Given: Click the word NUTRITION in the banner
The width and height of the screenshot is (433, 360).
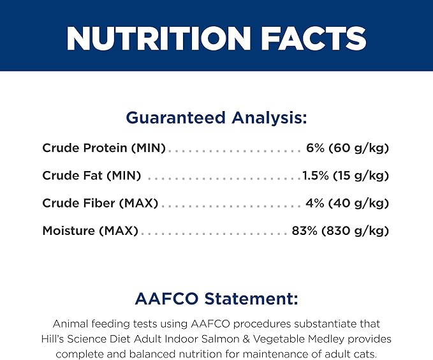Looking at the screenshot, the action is (159, 38).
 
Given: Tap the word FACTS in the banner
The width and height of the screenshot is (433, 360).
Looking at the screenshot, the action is (314, 38).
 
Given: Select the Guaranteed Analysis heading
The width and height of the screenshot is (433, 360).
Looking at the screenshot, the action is (216, 117).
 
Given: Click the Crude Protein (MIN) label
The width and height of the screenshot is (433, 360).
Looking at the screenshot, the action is (104, 148).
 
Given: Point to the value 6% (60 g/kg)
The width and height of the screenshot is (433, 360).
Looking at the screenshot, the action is (348, 148).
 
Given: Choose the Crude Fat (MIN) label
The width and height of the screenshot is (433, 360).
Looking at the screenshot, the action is (92, 176).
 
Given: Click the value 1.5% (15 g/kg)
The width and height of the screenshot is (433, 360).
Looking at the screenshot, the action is (346, 176).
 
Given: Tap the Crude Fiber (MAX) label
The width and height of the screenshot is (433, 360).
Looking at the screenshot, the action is (100, 203).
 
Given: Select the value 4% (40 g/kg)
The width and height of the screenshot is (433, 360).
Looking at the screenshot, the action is (347, 203).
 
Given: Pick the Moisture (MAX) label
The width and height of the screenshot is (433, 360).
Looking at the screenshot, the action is (91, 230).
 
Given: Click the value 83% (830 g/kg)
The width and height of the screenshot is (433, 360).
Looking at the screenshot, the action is (341, 230).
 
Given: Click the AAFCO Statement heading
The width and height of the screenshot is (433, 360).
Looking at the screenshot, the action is (217, 299).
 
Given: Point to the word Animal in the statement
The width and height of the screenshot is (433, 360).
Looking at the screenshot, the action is (70, 324).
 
